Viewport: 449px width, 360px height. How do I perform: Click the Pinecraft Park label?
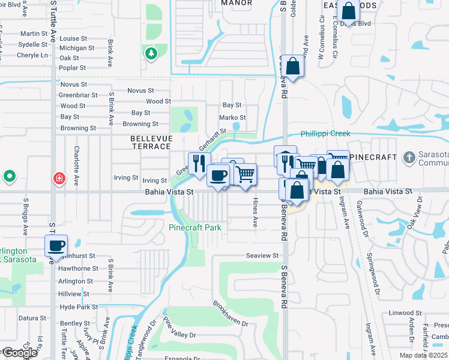195,227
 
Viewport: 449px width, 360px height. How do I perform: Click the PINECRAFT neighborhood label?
373,157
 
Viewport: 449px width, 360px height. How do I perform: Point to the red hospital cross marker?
59,178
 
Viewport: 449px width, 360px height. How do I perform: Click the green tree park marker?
150,53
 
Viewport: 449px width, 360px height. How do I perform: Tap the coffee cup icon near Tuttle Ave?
56,245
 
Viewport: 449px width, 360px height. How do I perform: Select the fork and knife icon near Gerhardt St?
199,163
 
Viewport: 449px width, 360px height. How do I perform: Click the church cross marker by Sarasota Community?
409,157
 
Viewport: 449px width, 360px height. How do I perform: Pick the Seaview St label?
262,256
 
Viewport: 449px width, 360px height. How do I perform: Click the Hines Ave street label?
255,212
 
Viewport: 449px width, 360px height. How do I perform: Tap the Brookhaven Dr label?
230,313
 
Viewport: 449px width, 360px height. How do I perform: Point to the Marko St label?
232,118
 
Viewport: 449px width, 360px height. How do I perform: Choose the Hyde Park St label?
79,307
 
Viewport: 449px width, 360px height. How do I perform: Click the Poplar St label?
73,68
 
